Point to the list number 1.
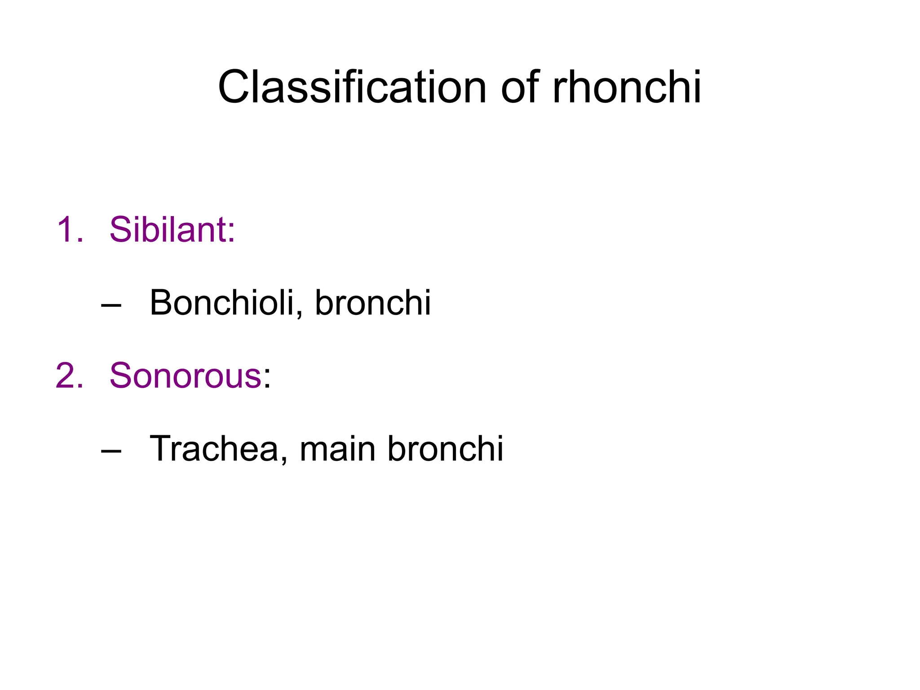tap(70, 230)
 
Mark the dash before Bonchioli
tap(111, 305)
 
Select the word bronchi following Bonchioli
tap(373, 302)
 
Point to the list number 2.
tap(70, 376)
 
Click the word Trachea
tap(214, 448)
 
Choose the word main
tap(337, 448)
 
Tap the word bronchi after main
tap(445, 448)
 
